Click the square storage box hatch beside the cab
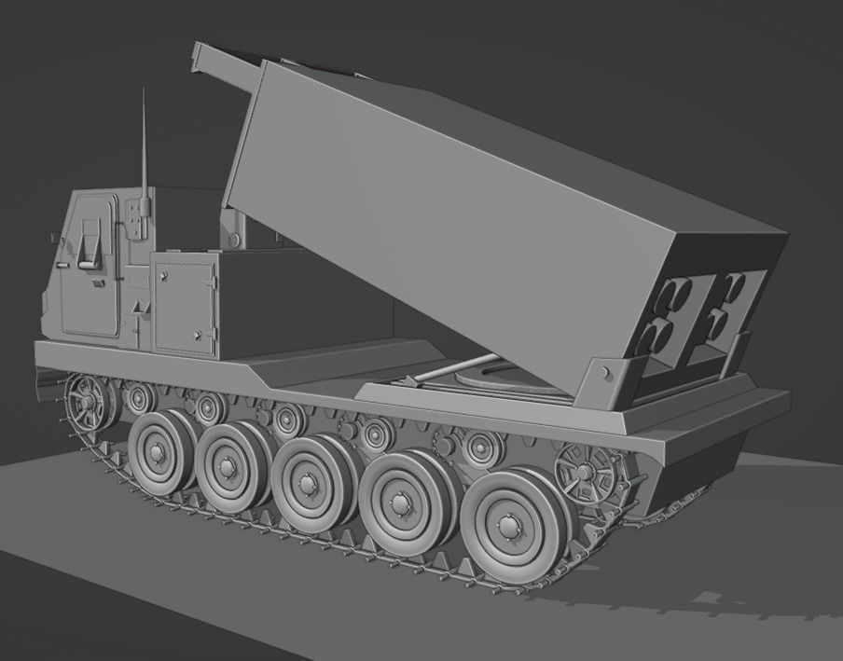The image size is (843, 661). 185,304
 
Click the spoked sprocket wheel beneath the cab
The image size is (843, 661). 89,402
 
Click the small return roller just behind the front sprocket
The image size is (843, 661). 141,399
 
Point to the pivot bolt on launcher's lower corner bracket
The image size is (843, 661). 603,373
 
